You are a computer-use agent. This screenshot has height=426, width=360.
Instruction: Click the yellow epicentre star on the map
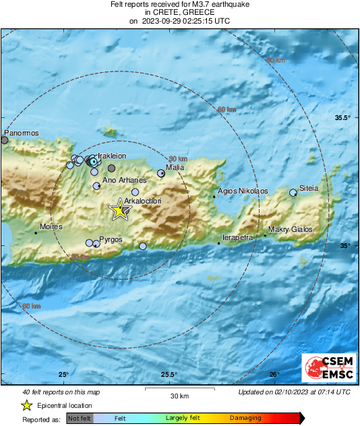point(120,210)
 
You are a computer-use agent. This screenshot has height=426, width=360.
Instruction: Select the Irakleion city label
point(112,156)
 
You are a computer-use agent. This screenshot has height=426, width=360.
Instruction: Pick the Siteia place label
point(309,188)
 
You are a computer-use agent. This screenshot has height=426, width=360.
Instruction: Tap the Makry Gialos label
point(291,230)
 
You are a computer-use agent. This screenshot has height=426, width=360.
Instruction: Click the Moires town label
point(51,227)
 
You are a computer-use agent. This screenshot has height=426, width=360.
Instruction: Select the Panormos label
point(20,133)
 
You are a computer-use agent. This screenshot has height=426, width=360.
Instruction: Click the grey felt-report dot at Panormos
point(5,140)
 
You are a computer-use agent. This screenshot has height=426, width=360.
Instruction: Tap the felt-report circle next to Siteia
point(293,193)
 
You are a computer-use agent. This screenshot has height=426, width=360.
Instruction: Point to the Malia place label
point(175,167)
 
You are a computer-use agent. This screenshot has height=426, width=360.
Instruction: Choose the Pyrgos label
point(110,239)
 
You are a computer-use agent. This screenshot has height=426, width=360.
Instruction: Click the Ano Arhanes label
point(124,181)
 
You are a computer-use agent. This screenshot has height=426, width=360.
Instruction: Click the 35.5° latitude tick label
point(344,118)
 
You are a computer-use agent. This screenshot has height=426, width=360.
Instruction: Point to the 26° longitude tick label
point(274,375)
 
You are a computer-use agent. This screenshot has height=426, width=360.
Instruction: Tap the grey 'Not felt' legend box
point(80,419)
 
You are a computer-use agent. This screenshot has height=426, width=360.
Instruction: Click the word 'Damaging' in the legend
point(245,419)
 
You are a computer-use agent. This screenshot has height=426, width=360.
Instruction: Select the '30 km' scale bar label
point(179,395)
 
